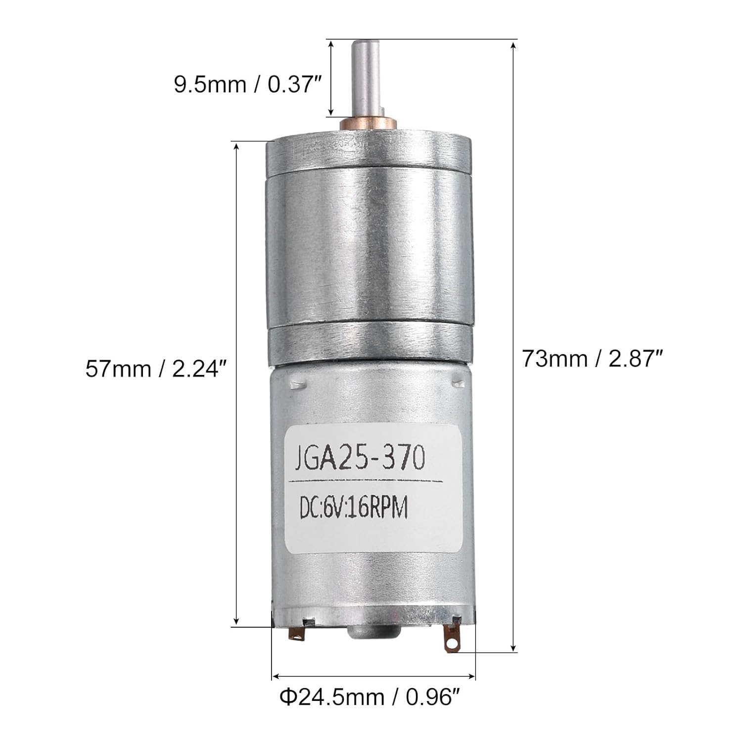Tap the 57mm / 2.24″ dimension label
tap(159, 369)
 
